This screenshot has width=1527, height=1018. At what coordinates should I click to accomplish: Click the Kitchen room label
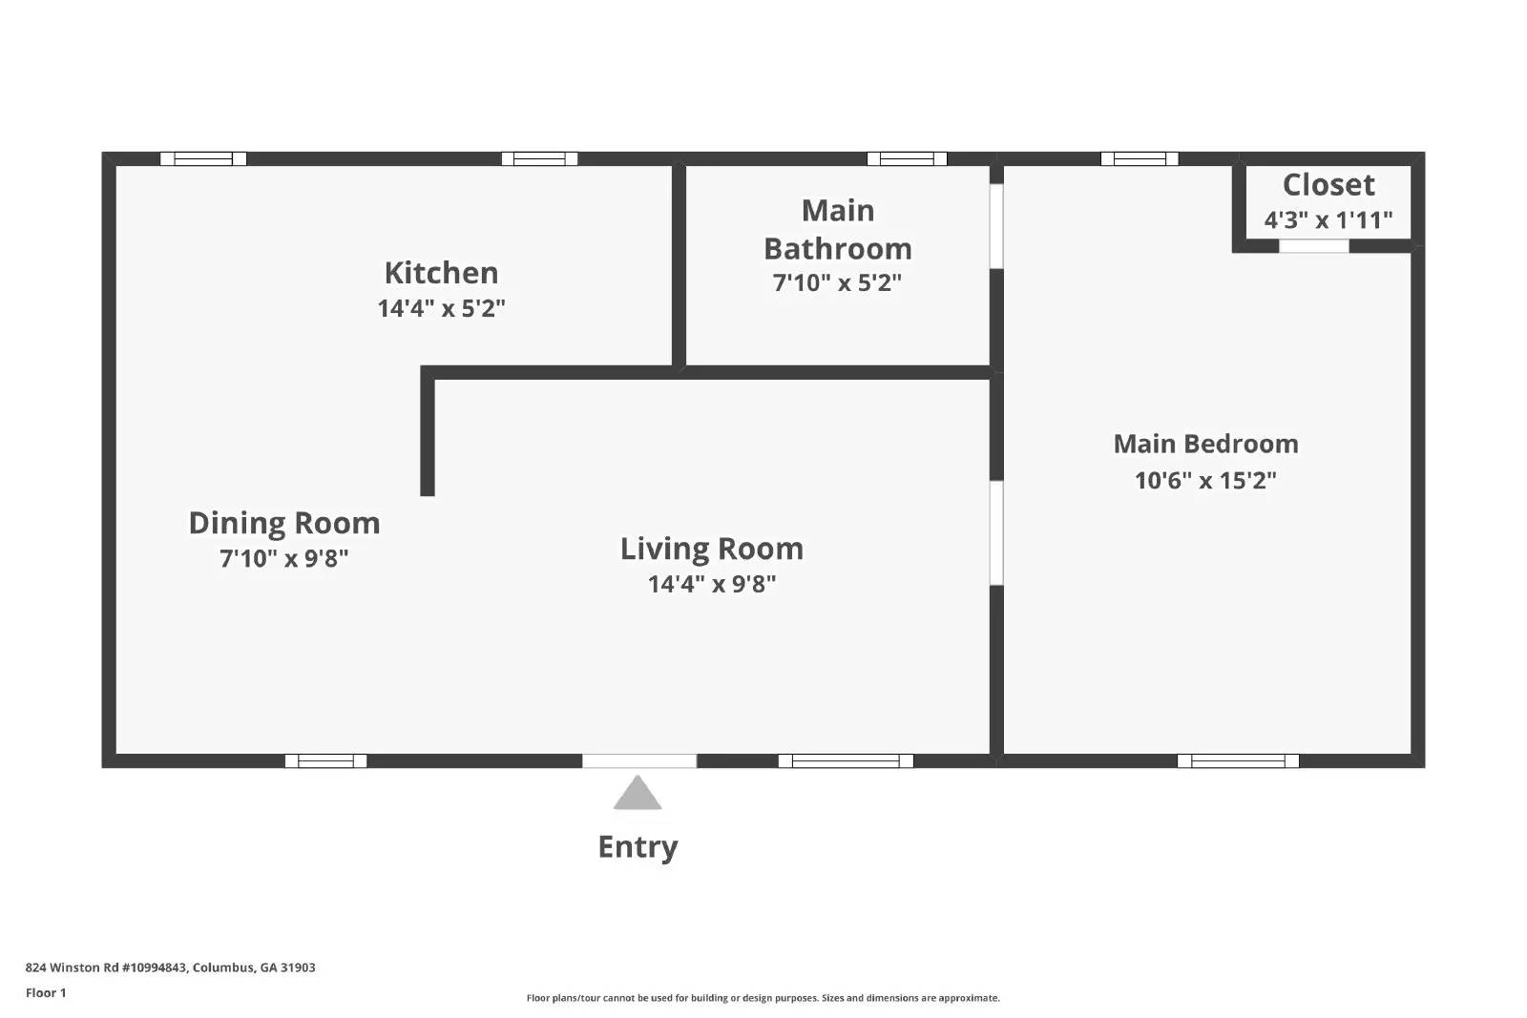(x=441, y=273)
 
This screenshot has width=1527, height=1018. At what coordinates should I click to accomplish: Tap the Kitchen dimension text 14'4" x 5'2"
(x=441, y=308)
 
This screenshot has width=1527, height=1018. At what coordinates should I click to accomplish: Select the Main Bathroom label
(x=838, y=229)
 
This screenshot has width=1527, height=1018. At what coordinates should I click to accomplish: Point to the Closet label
(x=1328, y=185)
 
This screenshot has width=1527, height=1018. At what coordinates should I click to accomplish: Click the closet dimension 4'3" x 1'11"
(x=1328, y=220)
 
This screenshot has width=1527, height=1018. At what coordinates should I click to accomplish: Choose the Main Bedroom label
(x=1205, y=444)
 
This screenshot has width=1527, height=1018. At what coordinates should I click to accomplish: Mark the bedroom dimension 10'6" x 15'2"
(x=1205, y=481)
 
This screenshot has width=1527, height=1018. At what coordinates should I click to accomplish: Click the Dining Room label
(x=284, y=523)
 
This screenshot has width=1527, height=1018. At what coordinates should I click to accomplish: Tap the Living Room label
(x=712, y=550)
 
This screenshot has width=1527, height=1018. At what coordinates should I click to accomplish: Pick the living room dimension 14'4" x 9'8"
(x=712, y=584)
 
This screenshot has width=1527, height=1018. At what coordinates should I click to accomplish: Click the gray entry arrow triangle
(x=638, y=795)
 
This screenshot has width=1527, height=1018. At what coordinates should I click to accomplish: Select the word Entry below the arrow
(x=638, y=847)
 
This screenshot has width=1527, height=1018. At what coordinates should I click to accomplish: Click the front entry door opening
(x=639, y=761)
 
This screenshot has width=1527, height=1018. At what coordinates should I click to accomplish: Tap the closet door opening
(x=1313, y=246)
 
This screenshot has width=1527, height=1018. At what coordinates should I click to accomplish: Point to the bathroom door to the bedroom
(x=996, y=226)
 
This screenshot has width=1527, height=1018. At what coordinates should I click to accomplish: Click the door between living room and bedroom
(x=996, y=532)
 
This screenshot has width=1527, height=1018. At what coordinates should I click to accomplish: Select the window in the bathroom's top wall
(x=907, y=158)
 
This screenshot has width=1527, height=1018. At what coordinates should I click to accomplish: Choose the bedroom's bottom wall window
(x=1238, y=761)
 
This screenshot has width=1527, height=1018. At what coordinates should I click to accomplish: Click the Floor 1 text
(x=47, y=993)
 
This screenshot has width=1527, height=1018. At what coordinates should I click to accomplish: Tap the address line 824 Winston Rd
(x=171, y=967)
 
